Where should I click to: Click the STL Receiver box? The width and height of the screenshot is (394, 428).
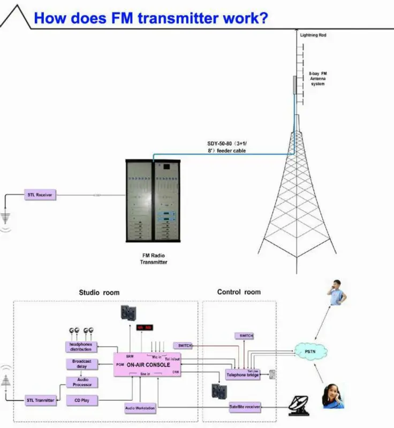[x=40, y=195]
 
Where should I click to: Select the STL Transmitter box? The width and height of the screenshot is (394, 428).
[x=41, y=400]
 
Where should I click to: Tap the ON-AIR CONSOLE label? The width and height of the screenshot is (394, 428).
[x=148, y=364]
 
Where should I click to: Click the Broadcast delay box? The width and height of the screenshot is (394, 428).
[x=81, y=364]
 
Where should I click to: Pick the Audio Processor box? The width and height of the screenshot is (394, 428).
[x=81, y=382]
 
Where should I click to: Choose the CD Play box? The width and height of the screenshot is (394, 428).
[x=82, y=400]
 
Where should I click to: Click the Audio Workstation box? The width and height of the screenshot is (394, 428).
[x=140, y=409]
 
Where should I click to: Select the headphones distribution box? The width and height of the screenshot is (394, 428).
[x=81, y=347]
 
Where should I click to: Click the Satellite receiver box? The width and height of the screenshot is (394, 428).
[x=245, y=407]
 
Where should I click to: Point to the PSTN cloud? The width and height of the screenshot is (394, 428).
[x=310, y=351]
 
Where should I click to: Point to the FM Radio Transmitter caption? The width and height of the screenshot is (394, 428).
[x=154, y=259]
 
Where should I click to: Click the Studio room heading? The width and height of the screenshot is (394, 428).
[x=99, y=293]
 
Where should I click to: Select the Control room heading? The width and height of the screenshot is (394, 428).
[x=239, y=292]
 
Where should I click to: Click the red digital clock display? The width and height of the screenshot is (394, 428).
[x=145, y=327]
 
